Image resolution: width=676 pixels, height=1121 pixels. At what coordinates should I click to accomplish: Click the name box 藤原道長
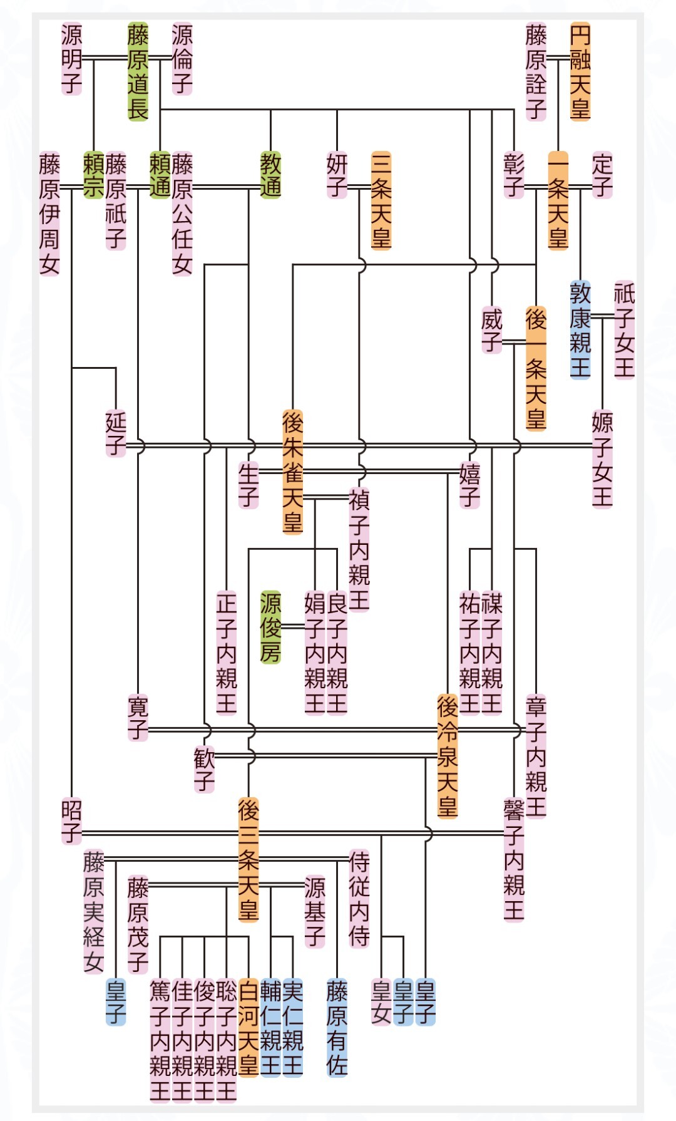click(x=138, y=71)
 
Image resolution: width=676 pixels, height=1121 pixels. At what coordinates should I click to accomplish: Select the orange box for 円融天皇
click(x=580, y=71)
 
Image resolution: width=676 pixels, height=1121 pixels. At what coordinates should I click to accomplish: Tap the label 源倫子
click(x=182, y=59)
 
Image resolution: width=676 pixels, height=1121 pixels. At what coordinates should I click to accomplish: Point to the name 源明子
click(x=71, y=59)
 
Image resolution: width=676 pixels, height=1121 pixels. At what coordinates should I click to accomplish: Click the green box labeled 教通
click(x=270, y=175)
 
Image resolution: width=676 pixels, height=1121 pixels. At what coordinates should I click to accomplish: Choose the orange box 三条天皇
click(x=381, y=200)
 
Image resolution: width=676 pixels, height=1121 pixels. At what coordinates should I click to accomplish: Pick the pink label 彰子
click(x=513, y=175)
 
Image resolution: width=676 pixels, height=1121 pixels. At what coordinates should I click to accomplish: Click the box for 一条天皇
click(x=558, y=200)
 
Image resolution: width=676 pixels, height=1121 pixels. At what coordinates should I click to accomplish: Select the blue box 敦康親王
click(x=580, y=330)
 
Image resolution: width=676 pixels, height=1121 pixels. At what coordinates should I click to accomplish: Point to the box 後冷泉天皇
click(x=447, y=756)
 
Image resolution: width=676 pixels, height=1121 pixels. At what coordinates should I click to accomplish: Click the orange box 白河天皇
click(x=248, y=1028)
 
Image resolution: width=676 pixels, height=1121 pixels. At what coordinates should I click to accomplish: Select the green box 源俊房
click(x=270, y=627)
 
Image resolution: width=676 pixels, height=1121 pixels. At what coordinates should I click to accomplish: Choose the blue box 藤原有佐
click(x=337, y=1028)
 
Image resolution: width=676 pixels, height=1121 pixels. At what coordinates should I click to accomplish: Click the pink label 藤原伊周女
click(x=49, y=214)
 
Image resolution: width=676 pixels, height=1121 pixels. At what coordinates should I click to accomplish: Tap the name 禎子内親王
click(x=359, y=550)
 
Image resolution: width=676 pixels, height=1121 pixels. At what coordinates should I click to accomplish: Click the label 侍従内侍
click(x=359, y=899)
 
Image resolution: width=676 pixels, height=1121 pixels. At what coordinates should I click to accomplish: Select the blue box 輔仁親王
click(x=270, y=1028)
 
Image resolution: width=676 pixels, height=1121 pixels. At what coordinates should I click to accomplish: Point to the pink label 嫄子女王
click(x=602, y=459)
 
